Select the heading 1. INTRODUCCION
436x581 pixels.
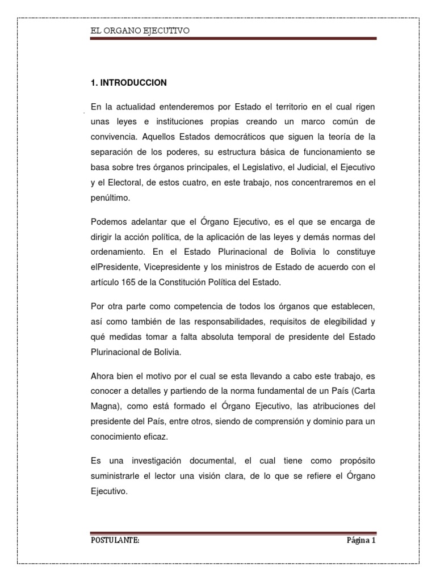coord(128,83)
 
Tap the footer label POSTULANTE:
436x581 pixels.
coord(115,540)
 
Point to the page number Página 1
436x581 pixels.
coord(361,540)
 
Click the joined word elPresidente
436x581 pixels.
coord(115,266)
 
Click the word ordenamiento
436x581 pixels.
coord(118,251)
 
